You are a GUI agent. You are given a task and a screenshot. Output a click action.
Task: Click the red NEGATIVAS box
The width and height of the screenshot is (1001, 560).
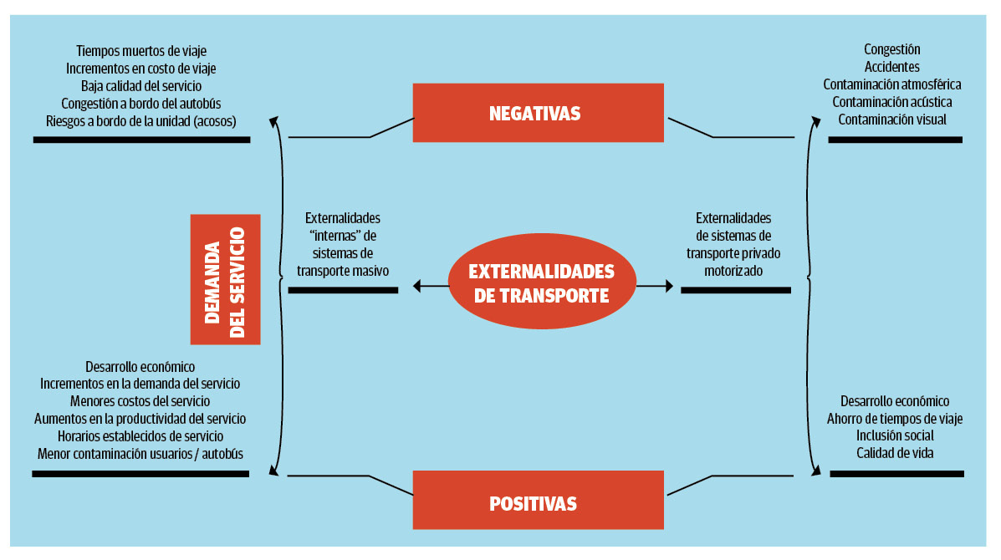coord(538,113)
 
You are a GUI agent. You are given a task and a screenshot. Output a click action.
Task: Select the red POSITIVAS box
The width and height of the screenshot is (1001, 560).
coord(538,503)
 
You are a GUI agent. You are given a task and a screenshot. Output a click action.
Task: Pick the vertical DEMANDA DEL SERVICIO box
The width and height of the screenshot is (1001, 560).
coord(225,279)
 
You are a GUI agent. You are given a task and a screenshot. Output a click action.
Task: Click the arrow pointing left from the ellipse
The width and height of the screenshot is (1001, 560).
coord(430,288)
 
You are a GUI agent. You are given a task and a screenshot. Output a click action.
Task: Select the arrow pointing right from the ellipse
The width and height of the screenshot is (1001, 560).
coord(655,288)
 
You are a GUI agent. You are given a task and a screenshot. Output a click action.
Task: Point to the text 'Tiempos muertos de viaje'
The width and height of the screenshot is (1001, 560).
coord(140,51)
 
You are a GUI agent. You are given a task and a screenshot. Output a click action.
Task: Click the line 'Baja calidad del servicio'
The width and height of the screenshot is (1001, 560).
coord(140,86)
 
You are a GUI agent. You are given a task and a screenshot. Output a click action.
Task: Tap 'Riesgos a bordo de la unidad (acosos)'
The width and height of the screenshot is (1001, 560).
coord(140,121)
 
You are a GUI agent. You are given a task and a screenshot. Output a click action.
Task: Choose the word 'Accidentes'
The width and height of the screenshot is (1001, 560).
coord(891,67)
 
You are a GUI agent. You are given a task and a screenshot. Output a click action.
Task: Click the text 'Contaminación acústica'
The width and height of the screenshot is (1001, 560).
coord(891,102)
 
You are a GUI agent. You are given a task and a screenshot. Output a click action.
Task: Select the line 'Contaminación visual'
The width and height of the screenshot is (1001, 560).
coord(891,120)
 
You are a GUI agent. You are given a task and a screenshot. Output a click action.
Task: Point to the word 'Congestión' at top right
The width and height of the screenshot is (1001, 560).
coord(891,49)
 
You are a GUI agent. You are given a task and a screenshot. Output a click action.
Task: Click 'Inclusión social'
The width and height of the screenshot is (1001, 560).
coord(895,435)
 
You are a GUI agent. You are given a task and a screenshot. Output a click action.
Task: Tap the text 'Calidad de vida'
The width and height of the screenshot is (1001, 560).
coord(895,453)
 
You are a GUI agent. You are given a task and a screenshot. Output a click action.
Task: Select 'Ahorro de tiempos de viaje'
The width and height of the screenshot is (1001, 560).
coord(895,418)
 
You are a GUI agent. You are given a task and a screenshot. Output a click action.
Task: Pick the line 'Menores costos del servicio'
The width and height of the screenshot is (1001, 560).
coord(140,401)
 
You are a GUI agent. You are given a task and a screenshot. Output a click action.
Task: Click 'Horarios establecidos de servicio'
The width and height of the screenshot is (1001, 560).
coord(140,436)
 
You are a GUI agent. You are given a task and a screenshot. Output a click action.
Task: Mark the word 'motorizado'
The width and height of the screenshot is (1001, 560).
coord(733,271)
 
